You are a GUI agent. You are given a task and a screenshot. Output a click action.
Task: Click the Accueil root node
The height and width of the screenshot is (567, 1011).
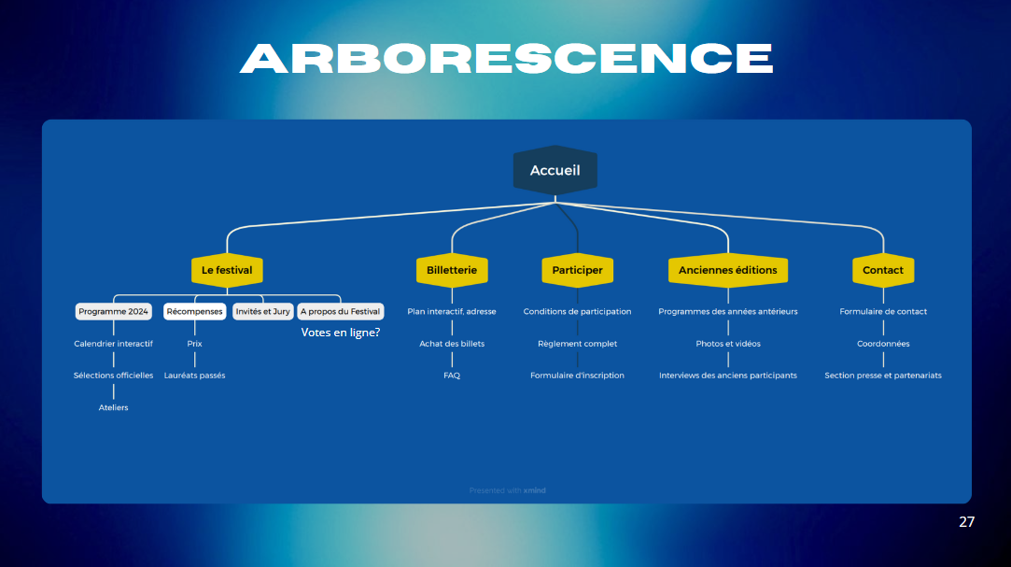click(555, 171)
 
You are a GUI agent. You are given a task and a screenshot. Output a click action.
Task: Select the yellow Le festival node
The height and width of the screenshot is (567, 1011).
click(227, 270)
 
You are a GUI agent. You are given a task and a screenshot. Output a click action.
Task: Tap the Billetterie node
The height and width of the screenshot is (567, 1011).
click(452, 270)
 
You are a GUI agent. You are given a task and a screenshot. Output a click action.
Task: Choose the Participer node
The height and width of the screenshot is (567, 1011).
click(577, 270)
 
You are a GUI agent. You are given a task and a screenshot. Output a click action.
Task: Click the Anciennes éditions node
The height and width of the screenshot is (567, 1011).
click(728, 270)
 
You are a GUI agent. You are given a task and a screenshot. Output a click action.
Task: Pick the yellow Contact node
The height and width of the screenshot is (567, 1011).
click(883, 270)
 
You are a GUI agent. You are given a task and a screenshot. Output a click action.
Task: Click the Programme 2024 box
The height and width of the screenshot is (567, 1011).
click(114, 311)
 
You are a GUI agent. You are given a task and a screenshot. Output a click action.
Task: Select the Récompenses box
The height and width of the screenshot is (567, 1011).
click(195, 311)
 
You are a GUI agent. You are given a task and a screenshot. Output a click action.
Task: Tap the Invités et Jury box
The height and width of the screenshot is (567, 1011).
click(262, 311)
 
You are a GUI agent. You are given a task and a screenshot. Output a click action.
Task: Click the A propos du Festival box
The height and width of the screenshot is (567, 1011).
click(340, 311)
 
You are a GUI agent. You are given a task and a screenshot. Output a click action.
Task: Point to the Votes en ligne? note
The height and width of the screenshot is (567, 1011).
click(341, 332)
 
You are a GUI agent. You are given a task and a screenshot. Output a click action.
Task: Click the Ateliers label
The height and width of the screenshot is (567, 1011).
click(114, 407)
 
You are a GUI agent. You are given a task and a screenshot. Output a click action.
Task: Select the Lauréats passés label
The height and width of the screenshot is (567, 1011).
click(195, 376)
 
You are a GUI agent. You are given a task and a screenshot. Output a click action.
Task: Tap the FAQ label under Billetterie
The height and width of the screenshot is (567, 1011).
click(452, 376)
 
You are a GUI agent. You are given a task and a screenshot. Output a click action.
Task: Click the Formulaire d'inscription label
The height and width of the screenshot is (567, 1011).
click(577, 376)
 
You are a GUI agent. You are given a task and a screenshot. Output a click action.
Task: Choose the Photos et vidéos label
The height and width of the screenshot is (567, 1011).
click(728, 344)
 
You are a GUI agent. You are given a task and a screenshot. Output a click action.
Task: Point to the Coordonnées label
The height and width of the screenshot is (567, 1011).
click(883, 344)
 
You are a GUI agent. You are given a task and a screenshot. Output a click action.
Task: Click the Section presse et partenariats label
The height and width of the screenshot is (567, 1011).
click(883, 376)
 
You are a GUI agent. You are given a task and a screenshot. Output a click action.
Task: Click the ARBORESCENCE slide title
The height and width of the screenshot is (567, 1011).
click(506, 58)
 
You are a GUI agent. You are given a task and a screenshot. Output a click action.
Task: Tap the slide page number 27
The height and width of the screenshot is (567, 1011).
click(966, 521)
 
